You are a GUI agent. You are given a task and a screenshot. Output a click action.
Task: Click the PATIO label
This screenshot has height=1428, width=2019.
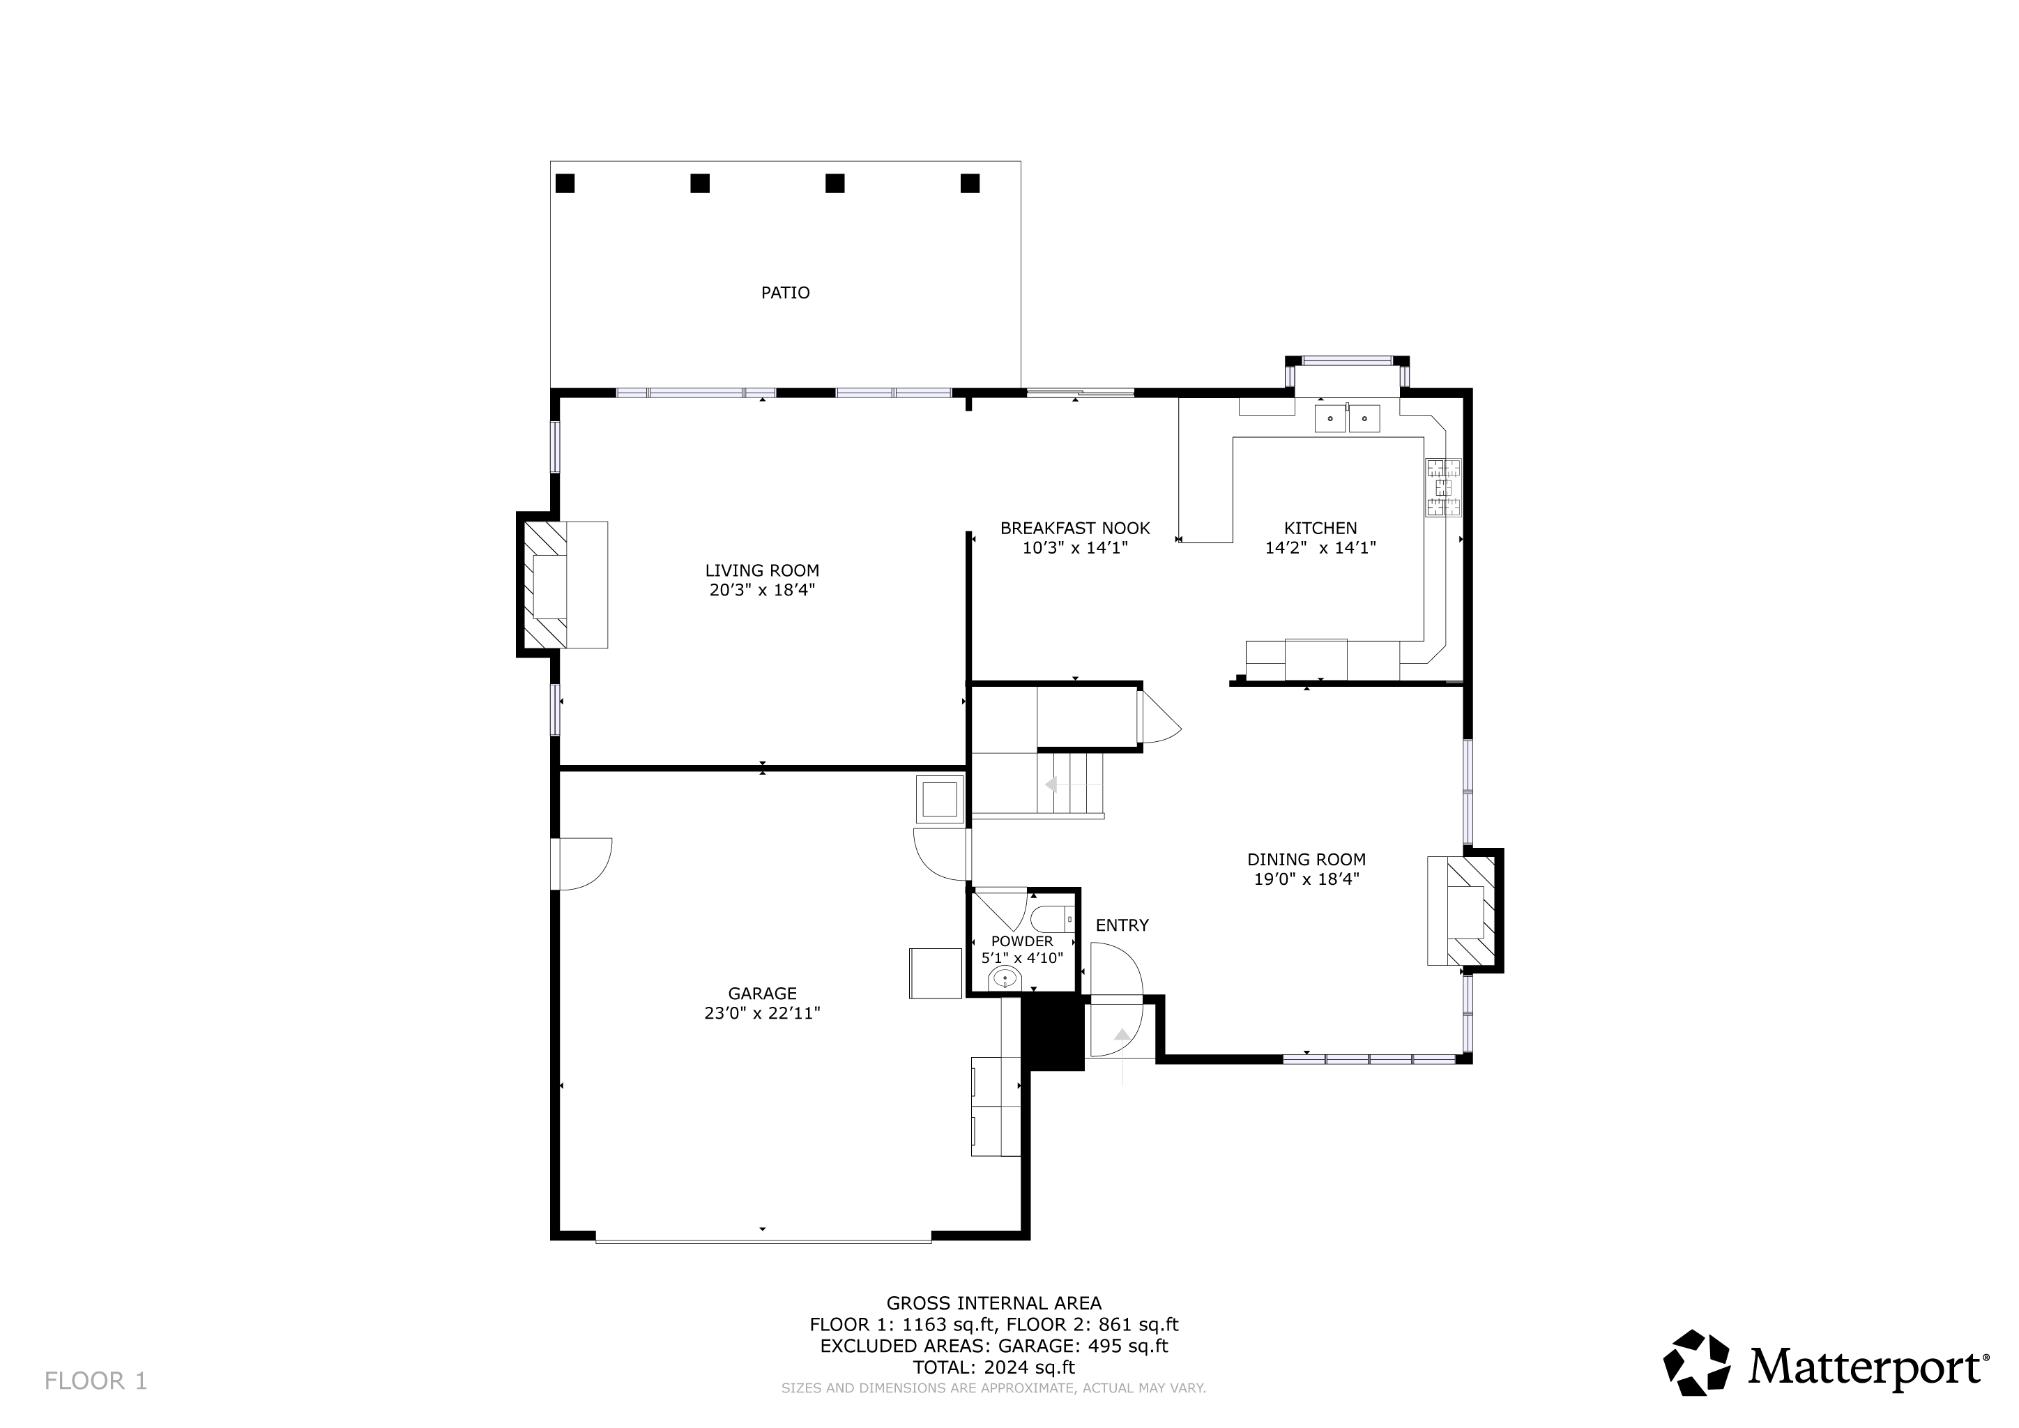click(x=785, y=293)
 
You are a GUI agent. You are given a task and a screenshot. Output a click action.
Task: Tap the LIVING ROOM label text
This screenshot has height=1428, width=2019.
click(x=763, y=570)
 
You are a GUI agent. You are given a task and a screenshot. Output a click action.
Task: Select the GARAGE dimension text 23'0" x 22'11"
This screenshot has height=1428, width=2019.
click(x=763, y=1013)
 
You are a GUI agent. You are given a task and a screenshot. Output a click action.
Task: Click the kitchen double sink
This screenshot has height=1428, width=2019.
click(x=1347, y=418)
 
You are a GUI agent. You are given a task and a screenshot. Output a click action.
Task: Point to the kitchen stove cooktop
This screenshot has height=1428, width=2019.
click(x=1443, y=487)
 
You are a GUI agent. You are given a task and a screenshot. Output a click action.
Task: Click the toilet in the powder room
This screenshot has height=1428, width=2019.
click(x=1053, y=920)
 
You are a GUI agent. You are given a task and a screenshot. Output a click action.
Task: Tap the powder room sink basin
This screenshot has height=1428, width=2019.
click(x=1004, y=978)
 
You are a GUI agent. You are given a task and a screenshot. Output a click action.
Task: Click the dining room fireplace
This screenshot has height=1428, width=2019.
click(x=1465, y=911)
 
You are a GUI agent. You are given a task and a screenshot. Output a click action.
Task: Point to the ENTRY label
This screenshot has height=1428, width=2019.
click(x=1122, y=925)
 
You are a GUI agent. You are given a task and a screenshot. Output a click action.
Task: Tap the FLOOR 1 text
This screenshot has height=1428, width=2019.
click(x=96, y=1381)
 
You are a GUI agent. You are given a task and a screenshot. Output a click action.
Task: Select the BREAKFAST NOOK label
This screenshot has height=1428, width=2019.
click(x=1076, y=529)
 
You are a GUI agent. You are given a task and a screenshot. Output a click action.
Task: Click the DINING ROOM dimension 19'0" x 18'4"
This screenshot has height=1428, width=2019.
click(x=1306, y=879)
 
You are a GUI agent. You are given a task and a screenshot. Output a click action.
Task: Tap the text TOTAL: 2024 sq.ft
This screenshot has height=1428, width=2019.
click(x=993, y=1367)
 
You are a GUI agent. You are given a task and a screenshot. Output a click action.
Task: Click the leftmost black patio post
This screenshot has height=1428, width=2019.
click(x=565, y=183)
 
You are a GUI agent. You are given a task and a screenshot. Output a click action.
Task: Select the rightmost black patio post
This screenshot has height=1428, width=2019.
click(x=970, y=183)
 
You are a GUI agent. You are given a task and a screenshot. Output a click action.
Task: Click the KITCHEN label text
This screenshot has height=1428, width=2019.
click(x=1321, y=529)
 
